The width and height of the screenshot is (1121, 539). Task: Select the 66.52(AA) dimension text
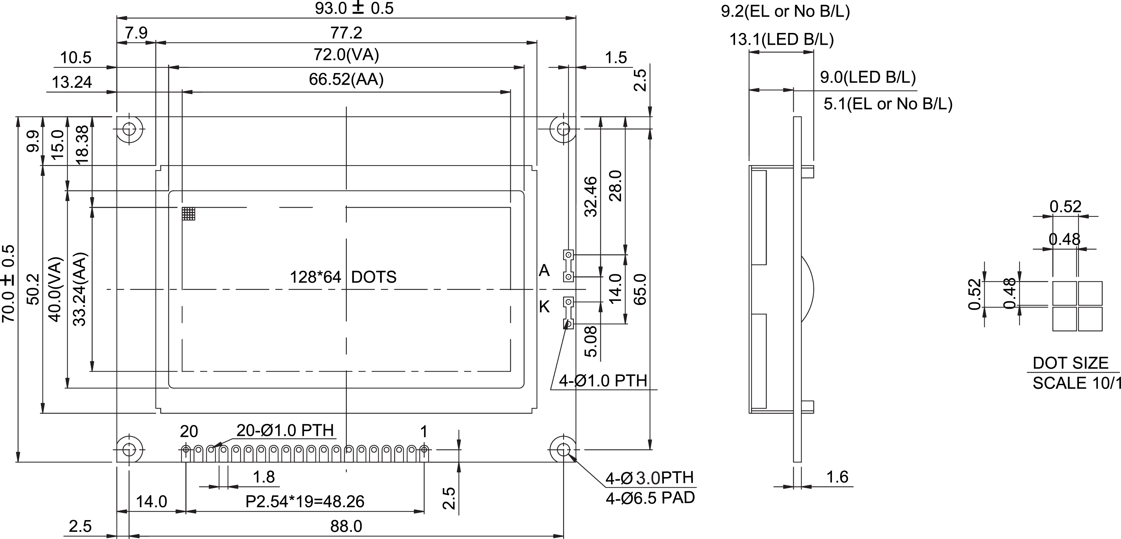(x=346, y=80)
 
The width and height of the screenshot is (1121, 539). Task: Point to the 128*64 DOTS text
(x=343, y=277)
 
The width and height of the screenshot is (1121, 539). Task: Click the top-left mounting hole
(x=129, y=129)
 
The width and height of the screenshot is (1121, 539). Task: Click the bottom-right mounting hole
(x=563, y=449)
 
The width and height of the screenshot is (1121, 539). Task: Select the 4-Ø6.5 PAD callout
(x=650, y=498)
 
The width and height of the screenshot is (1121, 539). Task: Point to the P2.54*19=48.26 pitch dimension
(x=305, y=502)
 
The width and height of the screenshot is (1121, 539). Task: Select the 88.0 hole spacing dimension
(x=346, y=526)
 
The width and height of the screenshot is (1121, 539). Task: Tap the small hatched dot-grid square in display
(x=189, y=214)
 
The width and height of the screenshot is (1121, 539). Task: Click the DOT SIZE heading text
(x=1070, y=363)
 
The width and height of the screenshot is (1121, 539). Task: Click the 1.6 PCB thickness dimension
(x=837, y=477)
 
